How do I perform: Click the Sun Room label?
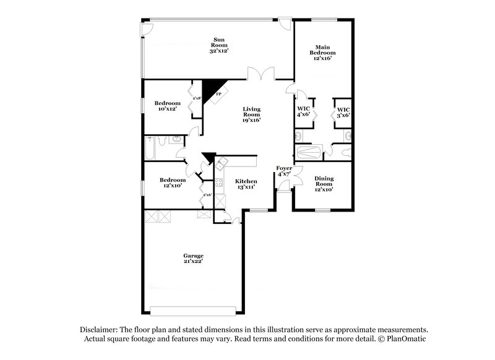(x=219, y=46)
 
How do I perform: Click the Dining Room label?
(x=324, y=184)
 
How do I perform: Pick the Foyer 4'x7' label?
(x=285, y=171)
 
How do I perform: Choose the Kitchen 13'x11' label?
(x=246, y=184)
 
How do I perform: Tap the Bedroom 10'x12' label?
(x=167, y=106)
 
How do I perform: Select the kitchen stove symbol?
(x=219, y=182)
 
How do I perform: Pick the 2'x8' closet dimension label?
(x=197, y=98)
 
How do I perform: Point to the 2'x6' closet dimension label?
(x=207, y=195)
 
